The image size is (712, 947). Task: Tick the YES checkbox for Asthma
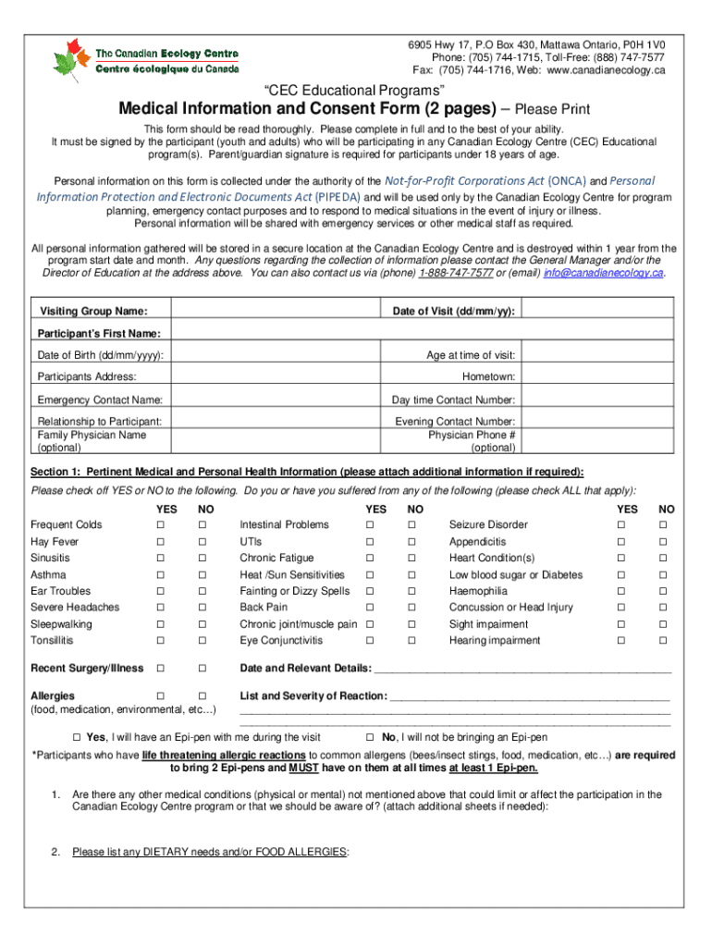[x=161, y=575]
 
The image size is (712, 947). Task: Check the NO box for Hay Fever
[x=201, y=542]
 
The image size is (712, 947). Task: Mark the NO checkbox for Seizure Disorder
[x=662, y=525]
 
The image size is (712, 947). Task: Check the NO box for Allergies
[x=201, y=695]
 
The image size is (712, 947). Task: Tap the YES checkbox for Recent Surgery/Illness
[x=161, y=668]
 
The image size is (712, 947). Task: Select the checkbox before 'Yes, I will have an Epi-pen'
[x=78, y=738]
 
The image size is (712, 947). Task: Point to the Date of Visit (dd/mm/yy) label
[x=454, y=312]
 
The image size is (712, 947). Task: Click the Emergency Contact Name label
[x=100, y=400]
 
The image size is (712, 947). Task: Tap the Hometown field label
[x=489, y=377]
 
